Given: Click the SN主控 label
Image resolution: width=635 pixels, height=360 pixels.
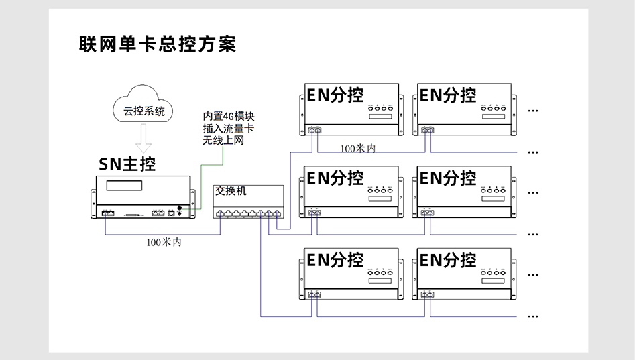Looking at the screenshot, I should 127,164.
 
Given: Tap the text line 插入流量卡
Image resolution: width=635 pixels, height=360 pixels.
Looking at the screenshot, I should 228,128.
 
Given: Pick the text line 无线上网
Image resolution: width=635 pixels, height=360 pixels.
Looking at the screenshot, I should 223,140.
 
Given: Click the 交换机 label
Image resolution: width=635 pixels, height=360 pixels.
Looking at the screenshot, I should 231,191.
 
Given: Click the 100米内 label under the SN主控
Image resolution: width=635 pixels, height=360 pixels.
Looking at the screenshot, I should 164,243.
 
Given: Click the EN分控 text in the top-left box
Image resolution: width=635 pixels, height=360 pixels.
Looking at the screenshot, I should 335,95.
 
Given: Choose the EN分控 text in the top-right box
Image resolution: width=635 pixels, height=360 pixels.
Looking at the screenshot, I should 448,95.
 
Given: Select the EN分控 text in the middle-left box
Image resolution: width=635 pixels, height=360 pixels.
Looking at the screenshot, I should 335,178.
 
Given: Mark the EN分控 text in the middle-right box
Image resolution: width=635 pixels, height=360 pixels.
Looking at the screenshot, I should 448,178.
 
